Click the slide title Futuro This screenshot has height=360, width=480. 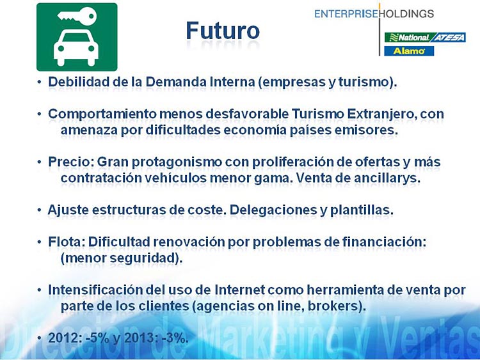[x=223, y=31]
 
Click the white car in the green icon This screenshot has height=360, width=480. [x=76, y=48]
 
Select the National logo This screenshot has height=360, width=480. [x=407, y=37]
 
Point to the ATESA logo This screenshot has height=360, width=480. [x=448, y=37]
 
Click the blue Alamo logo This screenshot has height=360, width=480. [x=409, y=51]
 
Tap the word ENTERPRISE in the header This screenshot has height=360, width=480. [x=346, y=14]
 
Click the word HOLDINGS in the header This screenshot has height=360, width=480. [x=407, y=14]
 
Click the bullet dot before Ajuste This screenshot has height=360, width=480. [x=39, y=210]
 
